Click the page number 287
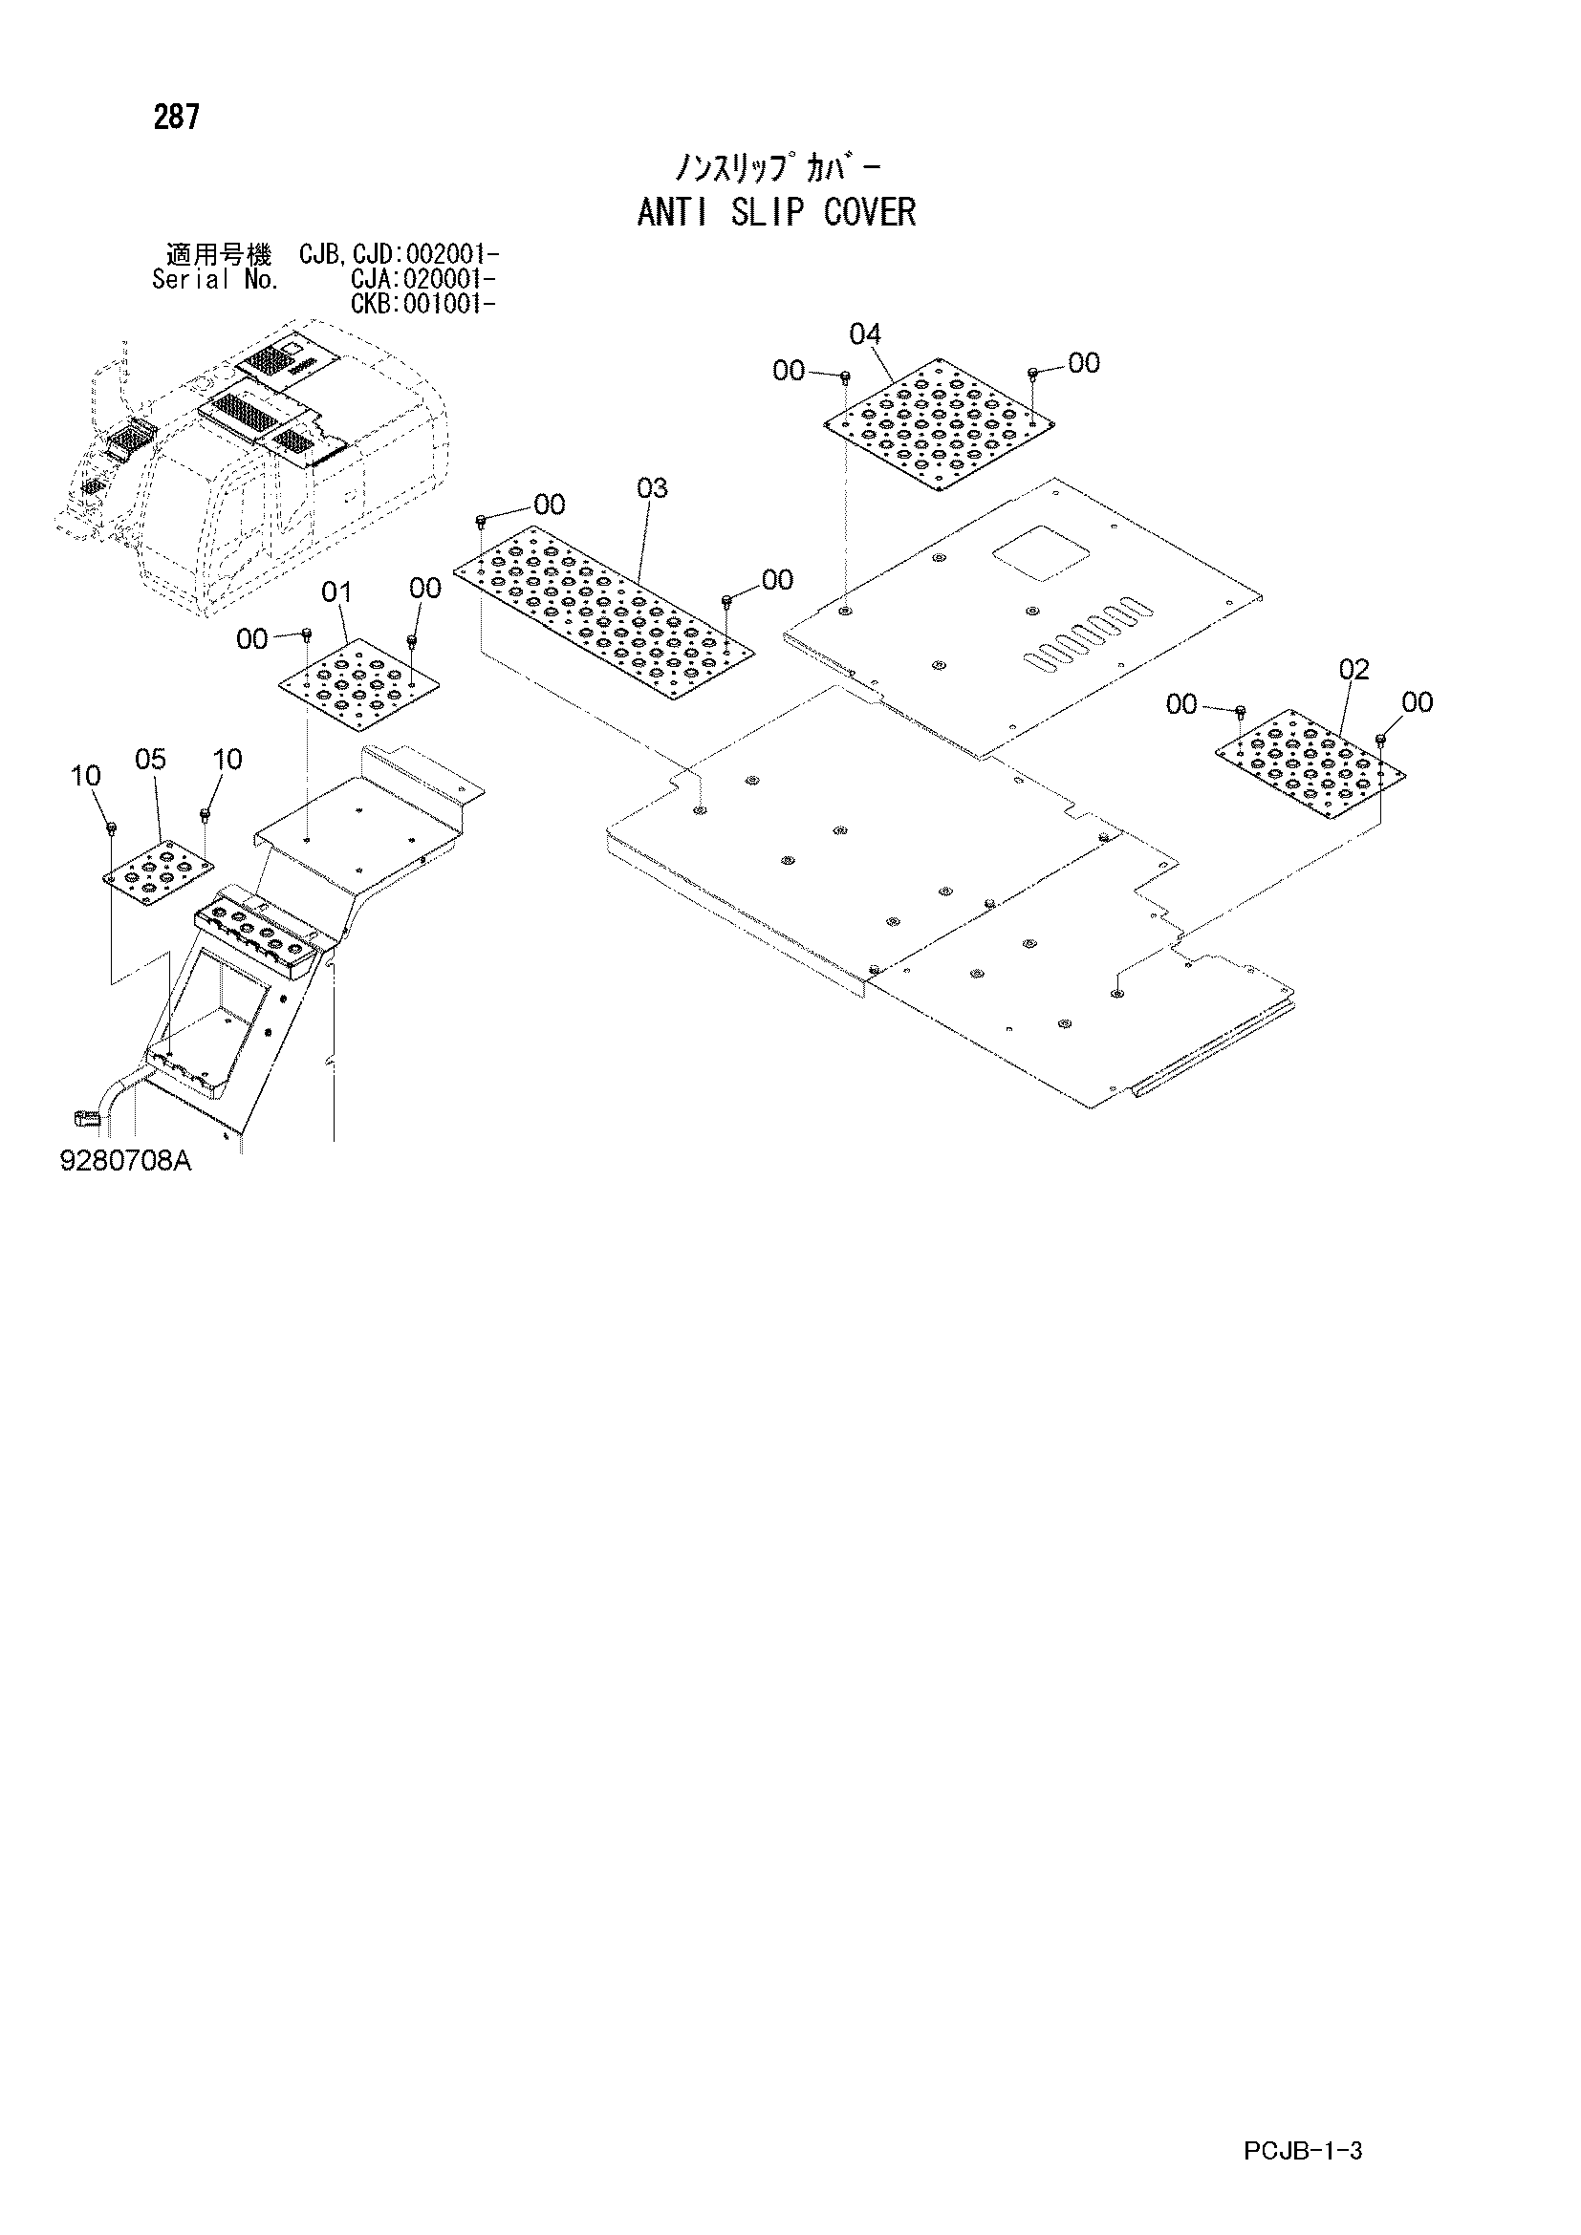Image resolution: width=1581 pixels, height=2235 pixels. tap(176, 118)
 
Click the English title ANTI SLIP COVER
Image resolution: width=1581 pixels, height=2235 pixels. tap(777, 212)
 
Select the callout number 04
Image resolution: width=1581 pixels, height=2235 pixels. tap(864, 334)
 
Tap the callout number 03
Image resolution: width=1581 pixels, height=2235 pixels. tap(652, 487)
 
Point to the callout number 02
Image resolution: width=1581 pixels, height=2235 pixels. tap(1354, 670)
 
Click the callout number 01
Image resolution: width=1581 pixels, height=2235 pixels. tap(336, 591)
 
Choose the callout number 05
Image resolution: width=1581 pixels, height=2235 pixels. tap(151, 760)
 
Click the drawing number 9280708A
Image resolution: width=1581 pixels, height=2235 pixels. tap(125, 1161)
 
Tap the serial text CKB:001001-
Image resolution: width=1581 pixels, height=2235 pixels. tap(423, 304)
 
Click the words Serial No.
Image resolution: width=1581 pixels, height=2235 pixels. tap(215, 280)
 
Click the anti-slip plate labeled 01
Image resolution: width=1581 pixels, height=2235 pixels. tap(359, 683)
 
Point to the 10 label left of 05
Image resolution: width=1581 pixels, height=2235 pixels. tap(86, 776)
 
